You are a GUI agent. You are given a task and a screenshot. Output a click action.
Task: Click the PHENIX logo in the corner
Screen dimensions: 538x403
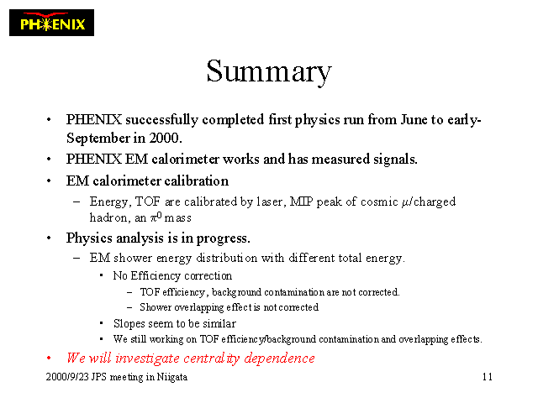tap(51, 23)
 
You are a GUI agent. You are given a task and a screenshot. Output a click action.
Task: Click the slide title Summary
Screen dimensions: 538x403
tap(269, 71)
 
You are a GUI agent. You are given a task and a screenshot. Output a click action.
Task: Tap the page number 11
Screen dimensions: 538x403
tap(488, 377)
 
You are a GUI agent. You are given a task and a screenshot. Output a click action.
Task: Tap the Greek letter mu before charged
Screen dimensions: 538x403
tap(405, 202)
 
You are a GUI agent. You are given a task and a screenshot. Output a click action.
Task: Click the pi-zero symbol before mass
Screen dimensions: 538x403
tap(156, 217)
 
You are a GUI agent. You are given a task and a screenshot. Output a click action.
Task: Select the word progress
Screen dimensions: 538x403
tap(223, 238)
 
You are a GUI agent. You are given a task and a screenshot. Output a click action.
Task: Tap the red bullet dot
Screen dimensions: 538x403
tap(49, 359)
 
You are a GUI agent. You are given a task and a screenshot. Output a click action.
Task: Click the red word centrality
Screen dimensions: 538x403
tap(212, 359)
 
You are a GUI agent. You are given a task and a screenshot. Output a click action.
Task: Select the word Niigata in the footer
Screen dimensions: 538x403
tap(171, 377)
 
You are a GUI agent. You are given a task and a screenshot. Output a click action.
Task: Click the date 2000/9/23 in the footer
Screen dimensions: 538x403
tap(67, 377)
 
